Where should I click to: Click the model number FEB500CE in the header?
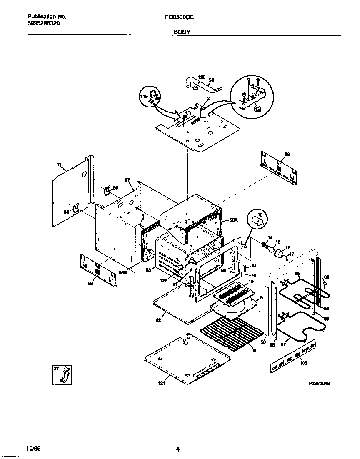(180, 17)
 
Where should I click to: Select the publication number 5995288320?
(43, 24)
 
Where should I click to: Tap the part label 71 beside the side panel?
(59, 165)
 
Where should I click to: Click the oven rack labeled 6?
(233, 333)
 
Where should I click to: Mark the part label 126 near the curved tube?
(202, 77)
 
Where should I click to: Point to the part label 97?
(127, 180)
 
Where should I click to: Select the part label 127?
(163, 281)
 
